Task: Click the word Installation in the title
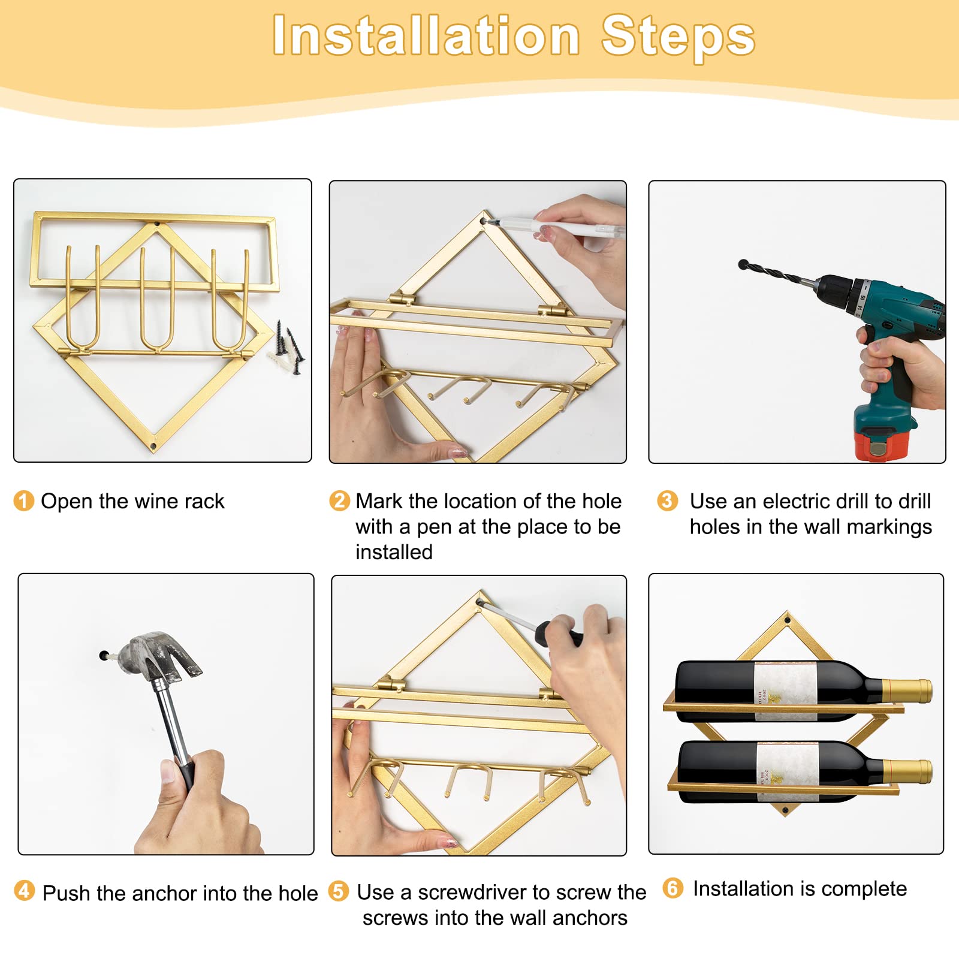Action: pos(426,36)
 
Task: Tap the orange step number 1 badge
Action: pos(24,501)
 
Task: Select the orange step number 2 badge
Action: pos(340,500)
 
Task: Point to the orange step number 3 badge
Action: pos(667,500)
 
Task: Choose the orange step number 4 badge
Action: pos(24,891)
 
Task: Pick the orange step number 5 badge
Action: pos(339,891)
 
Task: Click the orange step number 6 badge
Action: pos(673,888)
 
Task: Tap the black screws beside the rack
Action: pos(289,348)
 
